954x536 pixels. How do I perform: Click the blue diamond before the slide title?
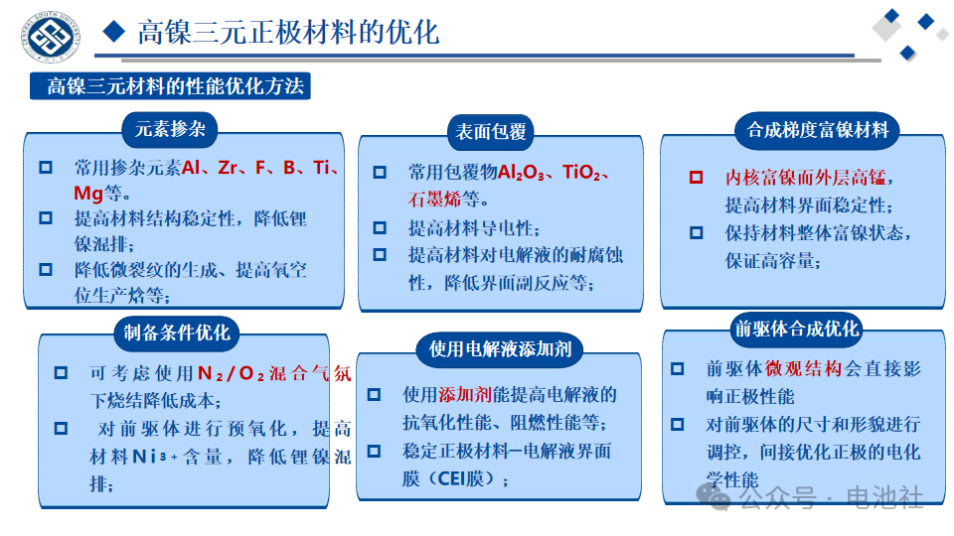pos(113,32)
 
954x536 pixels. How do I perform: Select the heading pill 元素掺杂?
pos(170,129)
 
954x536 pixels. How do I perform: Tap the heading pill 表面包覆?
pos(490,132)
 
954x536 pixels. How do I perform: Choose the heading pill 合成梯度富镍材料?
pos(817,130)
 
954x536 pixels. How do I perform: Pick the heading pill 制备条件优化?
pos(177,333)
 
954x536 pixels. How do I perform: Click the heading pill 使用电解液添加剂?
pos(500,348)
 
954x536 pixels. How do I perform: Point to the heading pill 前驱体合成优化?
pos(796,329)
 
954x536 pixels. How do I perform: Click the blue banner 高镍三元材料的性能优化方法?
pos(170,85)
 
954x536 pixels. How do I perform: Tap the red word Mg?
pos(88,194)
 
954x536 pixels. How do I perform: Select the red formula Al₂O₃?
pos(521,173)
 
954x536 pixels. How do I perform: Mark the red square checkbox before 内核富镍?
pos(696,177)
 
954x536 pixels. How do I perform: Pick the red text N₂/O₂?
pos(232,373)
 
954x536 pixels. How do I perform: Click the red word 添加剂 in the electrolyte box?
pos(465,395)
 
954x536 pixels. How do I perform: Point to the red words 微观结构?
pos(804,368)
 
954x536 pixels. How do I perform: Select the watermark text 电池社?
pos(884,497)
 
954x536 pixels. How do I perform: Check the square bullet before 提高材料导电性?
pos(380,228)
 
